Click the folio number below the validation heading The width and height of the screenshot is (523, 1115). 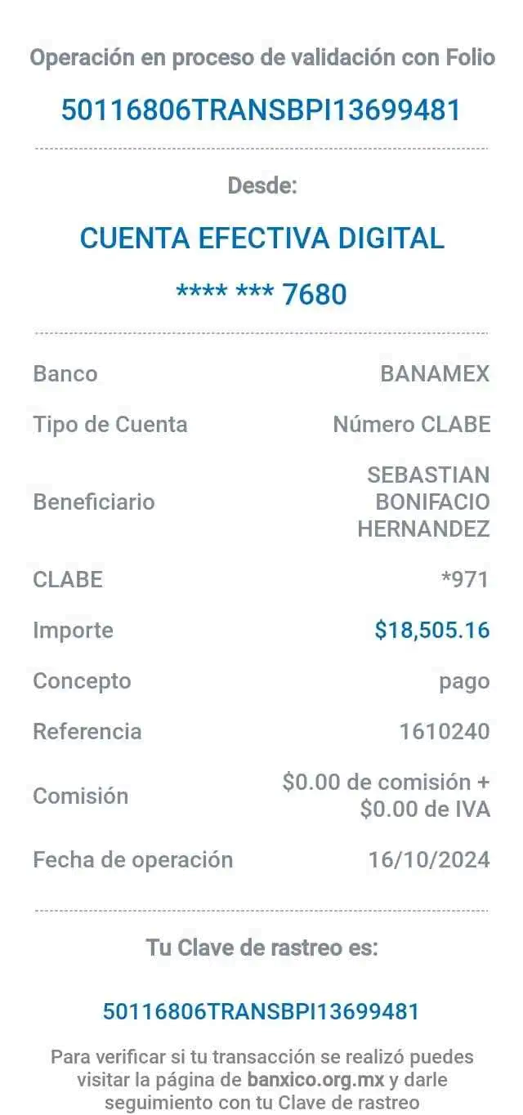pos(261,109)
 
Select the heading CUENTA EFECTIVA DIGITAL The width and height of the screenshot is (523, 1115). pos(262,239)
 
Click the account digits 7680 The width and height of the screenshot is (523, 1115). pos(315,293)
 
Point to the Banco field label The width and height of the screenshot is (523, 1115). pos(65,374)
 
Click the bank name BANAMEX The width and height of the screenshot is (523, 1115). pos(435,374)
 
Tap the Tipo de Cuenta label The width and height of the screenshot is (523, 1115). pos(110,425)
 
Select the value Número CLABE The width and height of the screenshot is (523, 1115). pos(412,425)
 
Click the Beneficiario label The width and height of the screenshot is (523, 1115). pos(94,502)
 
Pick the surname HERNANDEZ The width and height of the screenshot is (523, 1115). pos(423,529)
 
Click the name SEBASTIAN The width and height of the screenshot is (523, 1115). pos(428,475)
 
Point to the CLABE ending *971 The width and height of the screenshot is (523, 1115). pos(464,579)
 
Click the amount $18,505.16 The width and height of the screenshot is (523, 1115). pos(431,630)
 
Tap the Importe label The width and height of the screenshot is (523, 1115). pos(73,630)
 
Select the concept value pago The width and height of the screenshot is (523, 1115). pos(464,680)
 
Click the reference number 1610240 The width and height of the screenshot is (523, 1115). pos(444,731)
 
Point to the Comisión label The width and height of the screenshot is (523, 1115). pos(81,796)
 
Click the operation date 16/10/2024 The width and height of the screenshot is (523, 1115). pos(429,859)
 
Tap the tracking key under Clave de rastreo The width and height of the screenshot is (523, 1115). pos(261,1011)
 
